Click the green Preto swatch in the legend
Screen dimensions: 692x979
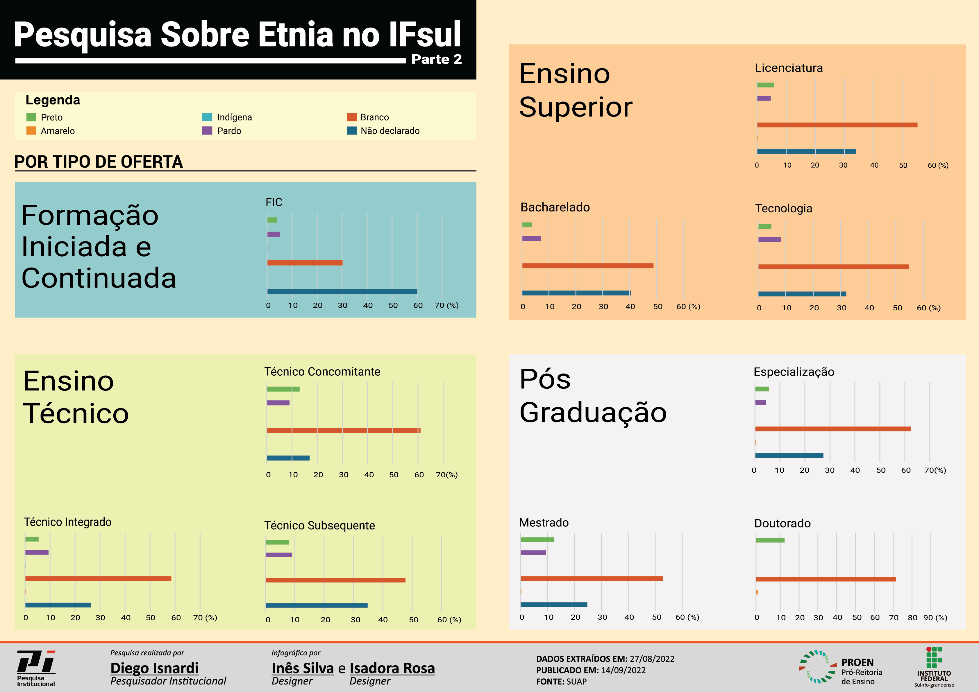point(31,117)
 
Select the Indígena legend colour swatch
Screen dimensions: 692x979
point(207,117)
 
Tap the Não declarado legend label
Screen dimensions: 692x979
point(390,131)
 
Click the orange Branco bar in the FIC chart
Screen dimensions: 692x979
point(304,263)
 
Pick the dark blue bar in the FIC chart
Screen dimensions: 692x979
point(342,291)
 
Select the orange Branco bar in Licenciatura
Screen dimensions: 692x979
point(837,125)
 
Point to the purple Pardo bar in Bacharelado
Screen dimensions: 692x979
point(531,239)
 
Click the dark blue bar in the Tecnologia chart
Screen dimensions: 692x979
point(802,294)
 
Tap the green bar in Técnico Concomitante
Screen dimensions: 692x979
point(283,389)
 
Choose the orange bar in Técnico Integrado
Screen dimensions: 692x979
point(98,579)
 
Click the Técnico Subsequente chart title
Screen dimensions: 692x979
point(319,526)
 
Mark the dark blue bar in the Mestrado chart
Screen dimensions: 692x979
point(553,605)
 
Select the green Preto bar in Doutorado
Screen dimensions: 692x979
point(770,540)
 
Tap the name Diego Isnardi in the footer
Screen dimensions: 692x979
point(154,668)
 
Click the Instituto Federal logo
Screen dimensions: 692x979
point(934,667)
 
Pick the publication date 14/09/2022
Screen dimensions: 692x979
point(623,670)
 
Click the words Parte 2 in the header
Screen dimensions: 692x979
point(436,59)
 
